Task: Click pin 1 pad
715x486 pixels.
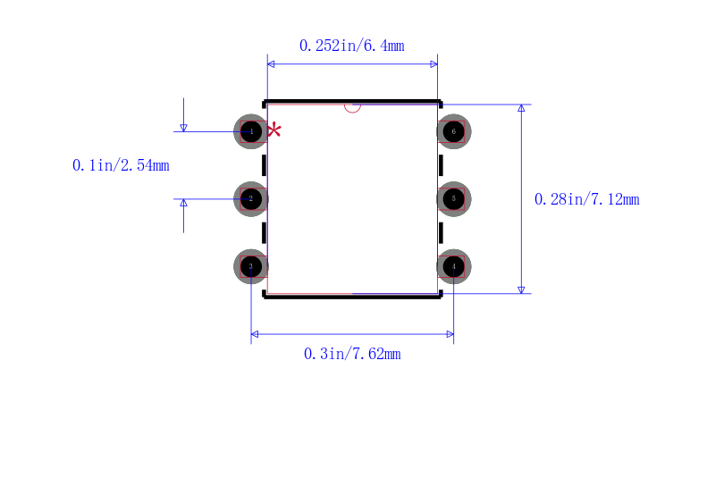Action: point(251,131)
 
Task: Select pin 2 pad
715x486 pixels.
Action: point(251,198)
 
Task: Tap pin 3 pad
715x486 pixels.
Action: point(251,266)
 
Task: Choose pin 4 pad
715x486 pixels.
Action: point(454,266)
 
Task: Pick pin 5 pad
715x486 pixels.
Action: point(454,198)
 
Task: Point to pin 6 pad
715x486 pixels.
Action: point(454,131)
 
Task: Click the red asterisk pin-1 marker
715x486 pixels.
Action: point(274,130)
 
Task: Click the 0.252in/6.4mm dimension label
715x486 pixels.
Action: point(352,46)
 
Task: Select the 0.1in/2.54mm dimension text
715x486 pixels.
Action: point(121,165)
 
